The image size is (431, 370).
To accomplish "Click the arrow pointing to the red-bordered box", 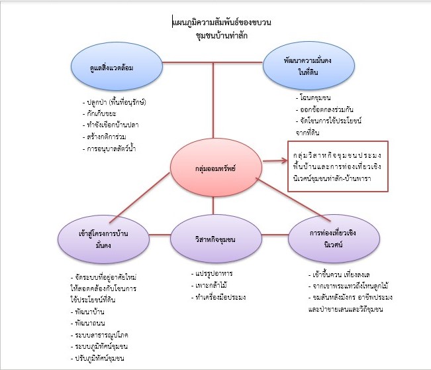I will pos(272,159).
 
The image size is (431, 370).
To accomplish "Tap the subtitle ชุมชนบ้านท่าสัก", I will pos(214,36).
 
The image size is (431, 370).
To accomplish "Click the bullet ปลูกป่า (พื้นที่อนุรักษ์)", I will pos(117,103).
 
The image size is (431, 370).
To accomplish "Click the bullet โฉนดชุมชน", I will pos(316,98).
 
